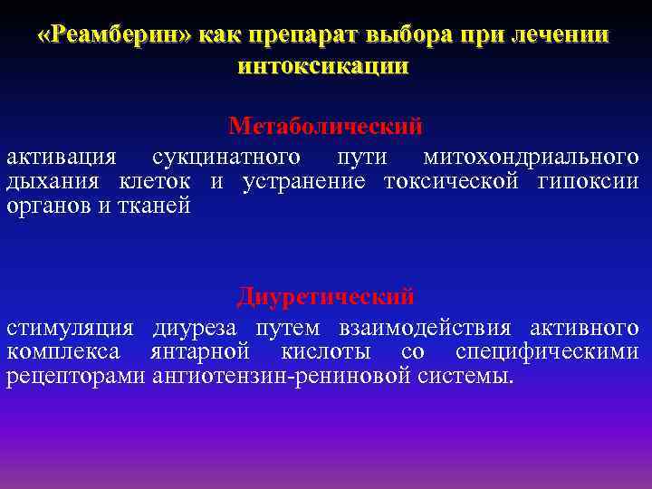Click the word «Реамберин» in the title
(x=115, y=37)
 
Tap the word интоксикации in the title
(x=322, y=66)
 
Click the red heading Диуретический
(x=326, y=296)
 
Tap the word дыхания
(x=50, y=181)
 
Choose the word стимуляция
(x=70, y=327)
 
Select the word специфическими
(x=547, y=351)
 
